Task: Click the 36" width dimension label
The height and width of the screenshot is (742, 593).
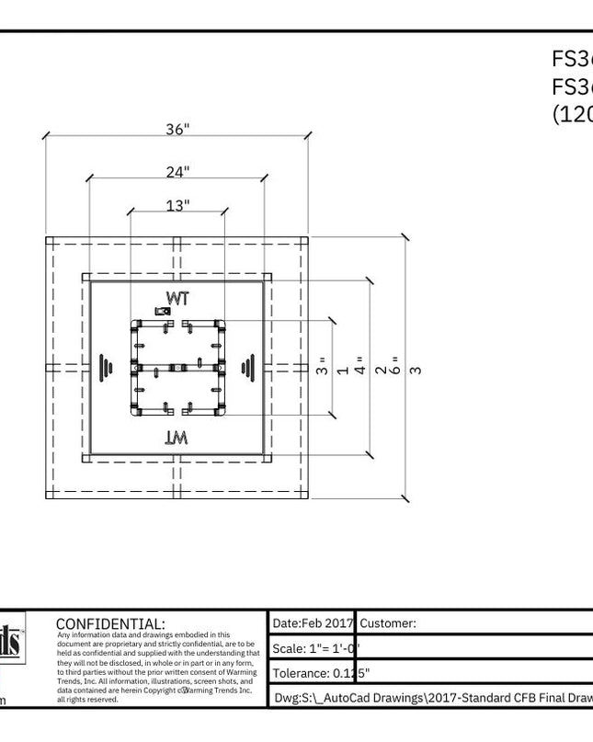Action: pyautogui.click(x=177, y=130)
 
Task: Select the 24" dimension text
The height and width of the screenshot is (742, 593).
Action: pyautogui.click(x=177, y=171)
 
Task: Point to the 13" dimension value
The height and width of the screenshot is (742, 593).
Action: pyautogui.click(x=177, y=206)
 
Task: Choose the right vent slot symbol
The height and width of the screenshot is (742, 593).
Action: pyautogui.click(x=247, y=368)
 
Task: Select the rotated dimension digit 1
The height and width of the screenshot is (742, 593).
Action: pyautogui.click(x=342, y=370)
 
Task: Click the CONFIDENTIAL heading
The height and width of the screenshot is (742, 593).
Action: pyautogui.click(x=110, y=623)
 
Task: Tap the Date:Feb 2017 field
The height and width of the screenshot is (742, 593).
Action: pyautogui.click(x=313, y=622)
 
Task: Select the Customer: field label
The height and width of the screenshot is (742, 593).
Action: pyautogui.click(x=388, y=622)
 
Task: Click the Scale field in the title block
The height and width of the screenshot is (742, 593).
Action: pyautogui.click(x=313, y=648)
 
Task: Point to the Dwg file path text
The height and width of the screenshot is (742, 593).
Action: pyautogui.click(x=432, y=698)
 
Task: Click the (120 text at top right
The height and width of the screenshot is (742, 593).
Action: pyautogui.click(x=572, y=113)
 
